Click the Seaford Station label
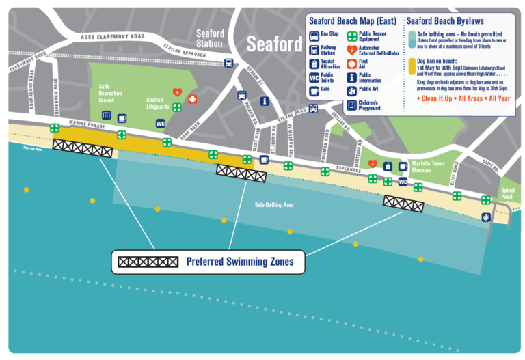click(x=209, y=38)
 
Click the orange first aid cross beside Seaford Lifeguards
click(x=193, y=100)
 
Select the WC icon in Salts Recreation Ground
click(x=161, y=124)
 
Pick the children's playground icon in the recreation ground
click(x=106, y=115)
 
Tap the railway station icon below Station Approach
click(x=228, y=63)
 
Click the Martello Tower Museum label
click(x=429, y=168)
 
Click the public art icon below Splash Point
click(x=486, y=217)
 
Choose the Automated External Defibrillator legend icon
click(x=352, y=50)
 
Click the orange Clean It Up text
click(x=433, y=99)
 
